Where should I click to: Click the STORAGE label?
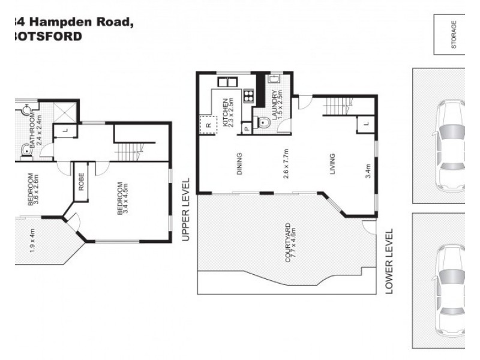click(x=454, y=34)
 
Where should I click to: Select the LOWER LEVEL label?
click(x=388, y=260)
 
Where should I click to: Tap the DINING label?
click(x=239, y=164)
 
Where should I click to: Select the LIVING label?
click(x=332, y=164)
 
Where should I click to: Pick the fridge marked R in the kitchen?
click(x=208, y=125)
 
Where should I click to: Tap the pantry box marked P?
click(x=246, y=128)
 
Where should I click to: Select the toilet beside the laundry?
click(x=262, y=122)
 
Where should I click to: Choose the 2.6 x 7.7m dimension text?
click(x=286, y=164)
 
